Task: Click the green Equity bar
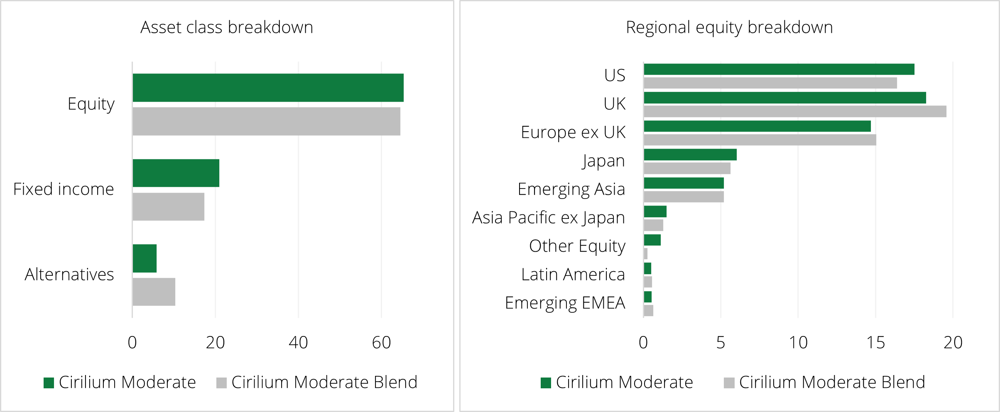tap(268, 88)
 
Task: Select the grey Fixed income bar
tap(168, 206)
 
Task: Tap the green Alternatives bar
tap(145, 258)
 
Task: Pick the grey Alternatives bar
tap(154, 292)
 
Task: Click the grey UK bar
tap(795, 111)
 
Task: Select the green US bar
tap(779, 69)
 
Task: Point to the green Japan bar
tap(690, 154)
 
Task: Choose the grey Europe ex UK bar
tap(760, 140)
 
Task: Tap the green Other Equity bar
tap(652, 240)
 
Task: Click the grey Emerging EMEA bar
tap(648, 310)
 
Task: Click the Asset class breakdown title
tap(227, 27)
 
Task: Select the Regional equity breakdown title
tap(729, 27)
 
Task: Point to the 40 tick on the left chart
tap(298, 343)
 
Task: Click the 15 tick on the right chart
tap(875, 343)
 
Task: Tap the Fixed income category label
tap(64, 189)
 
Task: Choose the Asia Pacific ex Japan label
tap(548, 218)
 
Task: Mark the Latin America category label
tap(573, 275)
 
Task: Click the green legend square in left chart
tap(49, 383)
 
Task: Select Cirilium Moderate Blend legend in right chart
tap(824, 383)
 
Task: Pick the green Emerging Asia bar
tap(684, 183)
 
